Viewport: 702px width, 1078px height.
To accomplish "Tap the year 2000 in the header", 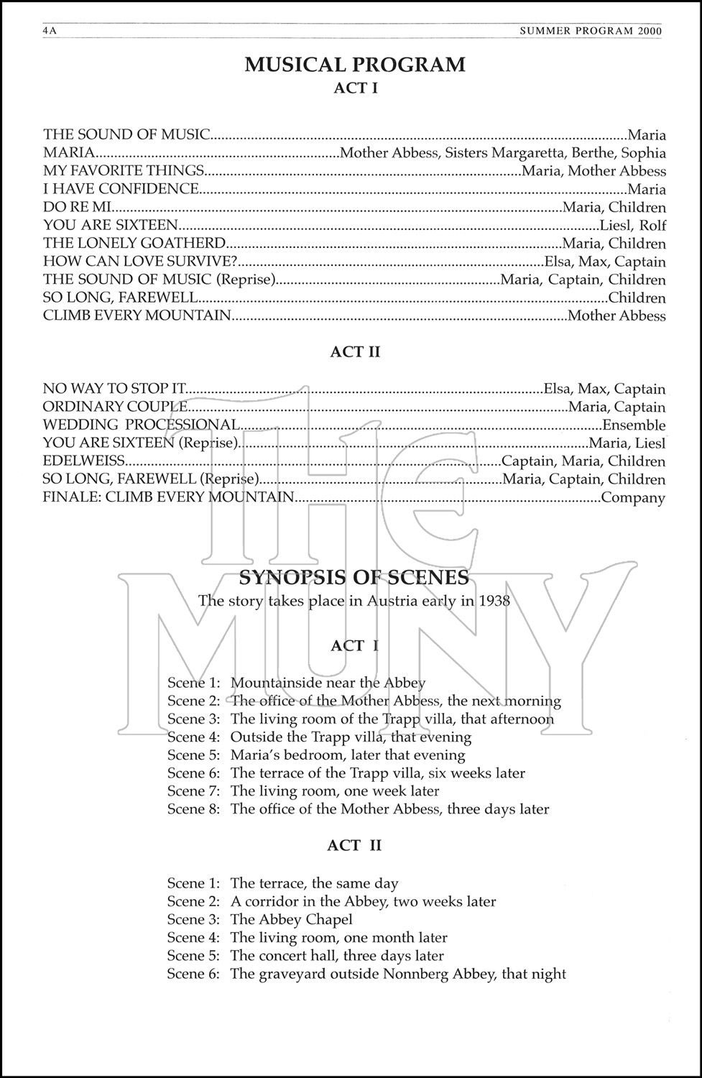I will click(650, 31).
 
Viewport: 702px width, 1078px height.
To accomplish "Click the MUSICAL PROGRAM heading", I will click(355, 65).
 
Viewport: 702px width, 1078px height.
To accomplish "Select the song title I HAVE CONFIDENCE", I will click(121, 189).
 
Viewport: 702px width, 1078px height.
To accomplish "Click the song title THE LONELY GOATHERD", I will click(134, 244).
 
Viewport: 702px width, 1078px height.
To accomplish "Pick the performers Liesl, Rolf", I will click(633, 226).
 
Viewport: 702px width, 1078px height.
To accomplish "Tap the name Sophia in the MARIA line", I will click(643, 153).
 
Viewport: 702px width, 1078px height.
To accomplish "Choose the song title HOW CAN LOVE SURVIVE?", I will click(140, 262).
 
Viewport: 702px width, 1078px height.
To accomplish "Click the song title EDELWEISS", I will click(84, 461).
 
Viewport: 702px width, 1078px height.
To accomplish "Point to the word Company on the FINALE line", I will click(632, 497).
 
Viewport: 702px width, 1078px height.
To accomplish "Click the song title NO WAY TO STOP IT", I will click(115, 389).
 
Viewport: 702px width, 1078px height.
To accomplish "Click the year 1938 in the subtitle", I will click(494, 601).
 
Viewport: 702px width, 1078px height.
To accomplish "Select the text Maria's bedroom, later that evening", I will click(348, 755).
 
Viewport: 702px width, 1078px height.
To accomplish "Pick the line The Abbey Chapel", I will click(291, 920).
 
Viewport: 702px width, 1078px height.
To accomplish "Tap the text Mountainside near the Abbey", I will click(328, 683).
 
